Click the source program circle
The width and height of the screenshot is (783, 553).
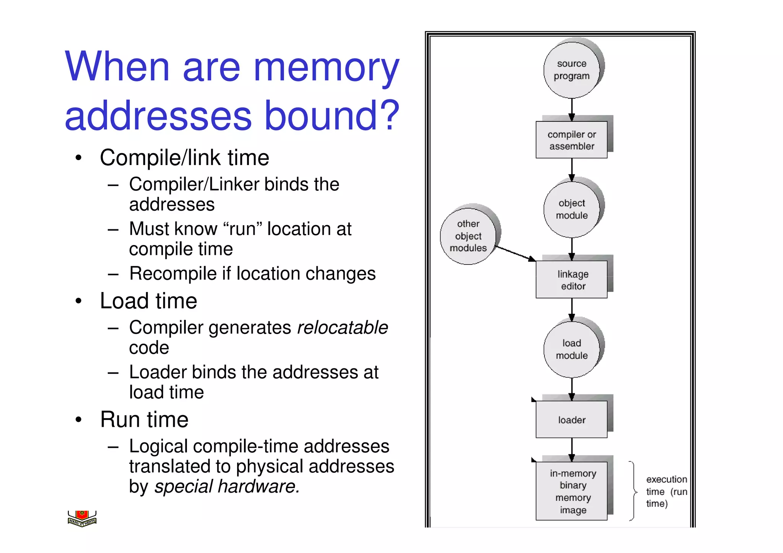572,70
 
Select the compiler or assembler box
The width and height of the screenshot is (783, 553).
572,140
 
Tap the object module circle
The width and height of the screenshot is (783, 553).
572,209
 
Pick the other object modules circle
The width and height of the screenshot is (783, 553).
468,236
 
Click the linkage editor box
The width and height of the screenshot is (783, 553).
572,280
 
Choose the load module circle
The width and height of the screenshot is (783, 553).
572,349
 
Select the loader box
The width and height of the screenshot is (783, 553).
572,420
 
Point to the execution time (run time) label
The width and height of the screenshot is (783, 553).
666,491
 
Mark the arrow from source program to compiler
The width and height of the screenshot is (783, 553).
572,110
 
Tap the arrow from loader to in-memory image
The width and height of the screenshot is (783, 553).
572,449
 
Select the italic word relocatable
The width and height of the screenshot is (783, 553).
342,328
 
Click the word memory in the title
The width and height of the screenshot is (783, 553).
326,67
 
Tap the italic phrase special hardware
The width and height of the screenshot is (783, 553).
227,487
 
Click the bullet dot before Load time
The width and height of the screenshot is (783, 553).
78,301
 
